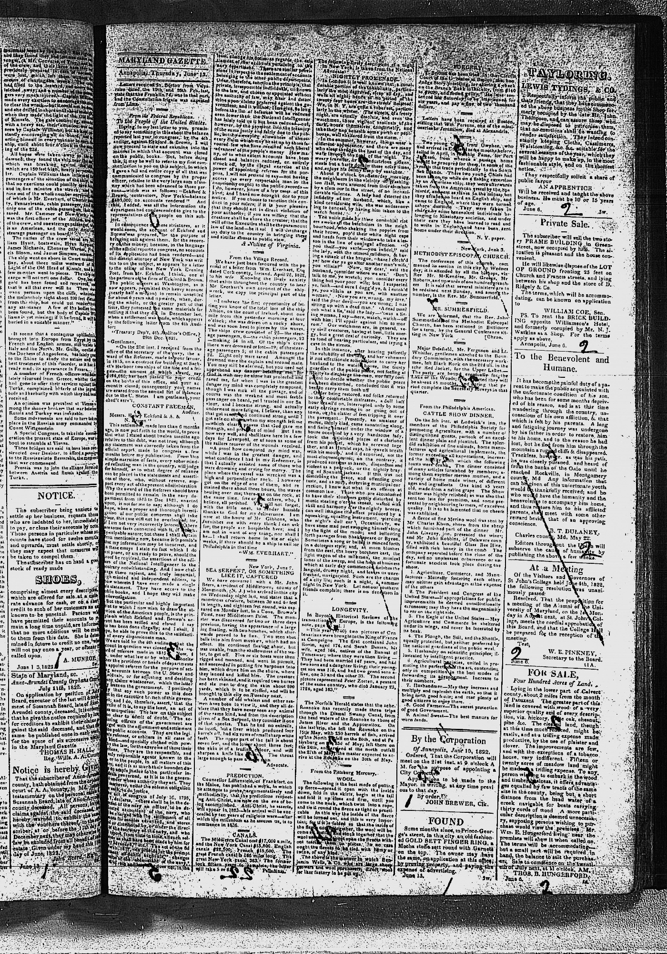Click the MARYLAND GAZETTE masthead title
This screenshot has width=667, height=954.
point(162,62)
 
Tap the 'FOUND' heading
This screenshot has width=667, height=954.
point(446,821)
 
